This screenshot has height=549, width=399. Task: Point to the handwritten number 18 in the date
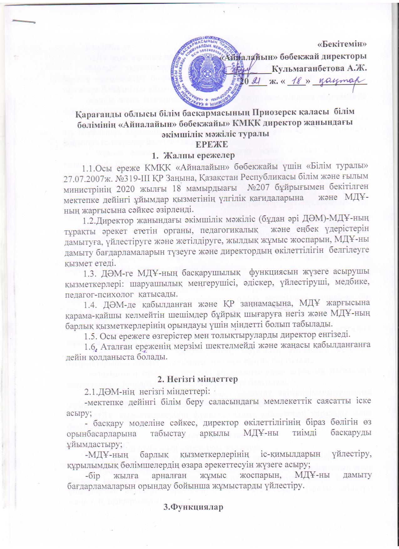(296, 81)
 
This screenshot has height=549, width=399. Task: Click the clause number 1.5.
(90, 335)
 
